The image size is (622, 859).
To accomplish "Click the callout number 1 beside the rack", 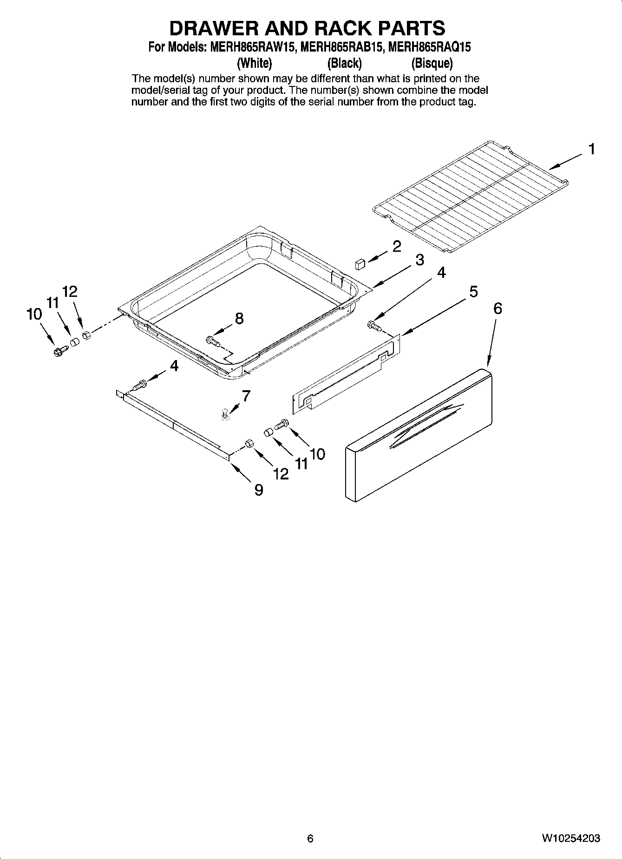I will [591, 150].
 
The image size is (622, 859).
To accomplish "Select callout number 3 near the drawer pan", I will [419, 260].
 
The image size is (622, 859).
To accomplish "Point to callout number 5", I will [473, 292].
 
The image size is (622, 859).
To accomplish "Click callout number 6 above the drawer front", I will [497, 308].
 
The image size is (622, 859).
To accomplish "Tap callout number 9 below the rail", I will [258, 490].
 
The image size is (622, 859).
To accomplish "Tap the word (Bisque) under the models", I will [432, 63].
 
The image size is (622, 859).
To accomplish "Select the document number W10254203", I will [570, 839].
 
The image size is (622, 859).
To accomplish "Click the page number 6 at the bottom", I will [310, 839].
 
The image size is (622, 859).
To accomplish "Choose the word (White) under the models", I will [254, 63].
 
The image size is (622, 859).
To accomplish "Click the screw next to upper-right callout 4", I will [374, 326].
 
